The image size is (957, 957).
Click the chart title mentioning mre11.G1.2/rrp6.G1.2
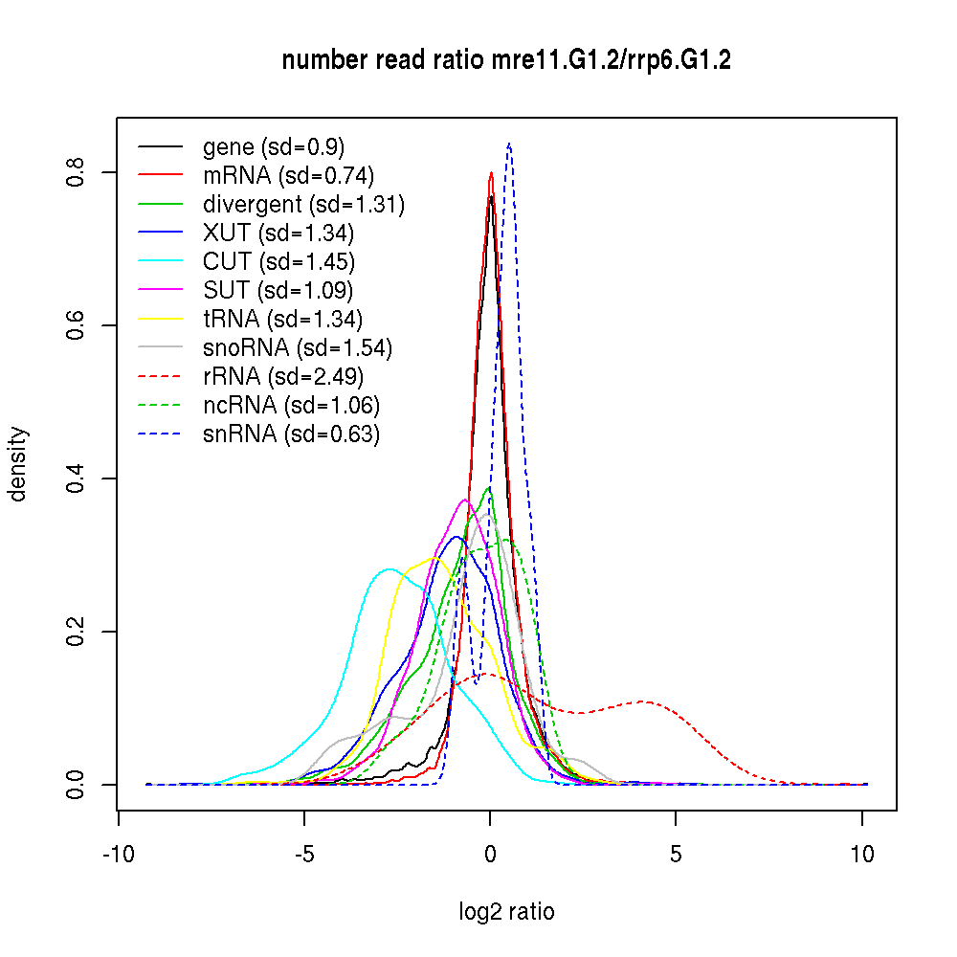pos(506,60)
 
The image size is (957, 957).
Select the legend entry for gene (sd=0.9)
pos(274,147)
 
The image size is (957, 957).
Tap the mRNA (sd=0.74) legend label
pos(288,176)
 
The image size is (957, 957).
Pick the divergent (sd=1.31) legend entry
pos(303,205)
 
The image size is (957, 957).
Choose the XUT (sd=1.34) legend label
pos(278,234)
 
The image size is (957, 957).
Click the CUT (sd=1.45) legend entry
pos(278,262)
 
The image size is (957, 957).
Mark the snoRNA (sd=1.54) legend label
pos(298,348)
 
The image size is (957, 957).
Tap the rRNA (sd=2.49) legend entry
pos(283,377)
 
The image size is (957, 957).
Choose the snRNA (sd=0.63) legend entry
pos(291,434)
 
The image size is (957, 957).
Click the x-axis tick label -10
pos(118,855)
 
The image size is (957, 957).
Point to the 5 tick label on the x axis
pos(676,855)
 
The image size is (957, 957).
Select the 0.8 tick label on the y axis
pos(78,172)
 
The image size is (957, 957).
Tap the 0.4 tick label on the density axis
pos(78,478)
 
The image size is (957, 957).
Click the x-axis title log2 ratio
pos(506,912)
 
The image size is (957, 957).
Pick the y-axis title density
pos(19,463)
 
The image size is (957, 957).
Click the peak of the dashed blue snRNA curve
pos(509,144)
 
